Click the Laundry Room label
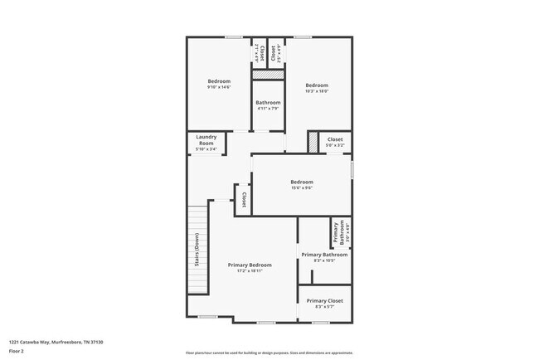206,140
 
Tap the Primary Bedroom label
250,265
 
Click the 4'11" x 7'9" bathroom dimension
268,108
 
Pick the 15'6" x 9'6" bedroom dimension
301,187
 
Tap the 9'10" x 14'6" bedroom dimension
219,86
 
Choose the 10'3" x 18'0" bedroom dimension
317,91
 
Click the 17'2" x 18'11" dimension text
250,270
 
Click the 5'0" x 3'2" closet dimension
334,145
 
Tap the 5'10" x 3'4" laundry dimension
206,149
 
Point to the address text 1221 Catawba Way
56,342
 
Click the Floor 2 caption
17,349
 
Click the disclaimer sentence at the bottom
269,353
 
